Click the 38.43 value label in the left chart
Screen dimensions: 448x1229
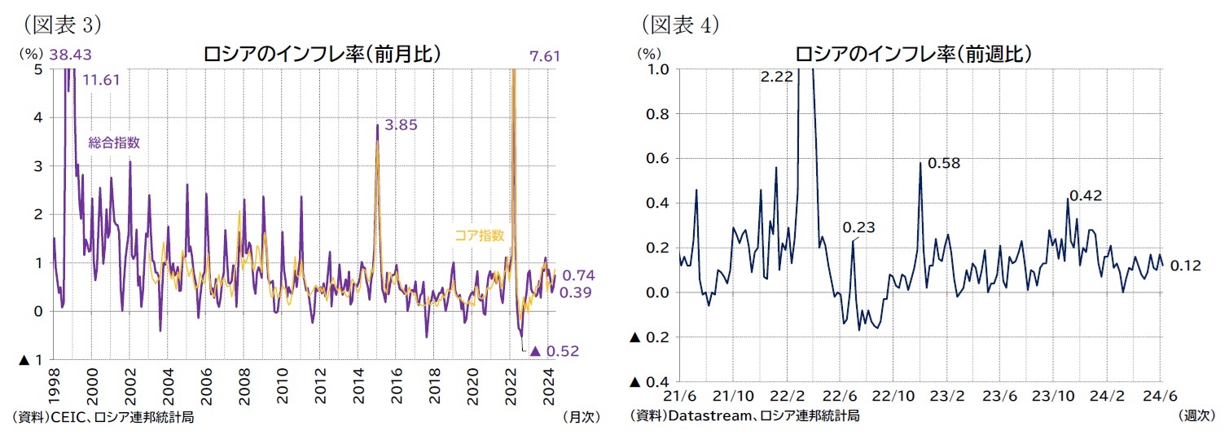point(70,55)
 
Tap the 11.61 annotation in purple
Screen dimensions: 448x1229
point(103,80)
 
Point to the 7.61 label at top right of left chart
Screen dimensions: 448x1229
point(545,56)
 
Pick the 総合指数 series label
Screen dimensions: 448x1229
point(114,143)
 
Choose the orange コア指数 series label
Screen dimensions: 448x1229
point(480,236)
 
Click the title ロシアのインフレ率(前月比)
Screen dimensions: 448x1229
point(323,55)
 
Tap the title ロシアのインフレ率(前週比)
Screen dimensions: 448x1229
point(913,55)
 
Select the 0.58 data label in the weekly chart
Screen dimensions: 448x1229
point(945,163)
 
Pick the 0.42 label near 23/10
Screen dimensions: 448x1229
point(1086,195)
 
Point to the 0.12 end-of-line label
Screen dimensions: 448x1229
point(1185,266)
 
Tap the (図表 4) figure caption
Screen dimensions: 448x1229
point(680,25)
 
